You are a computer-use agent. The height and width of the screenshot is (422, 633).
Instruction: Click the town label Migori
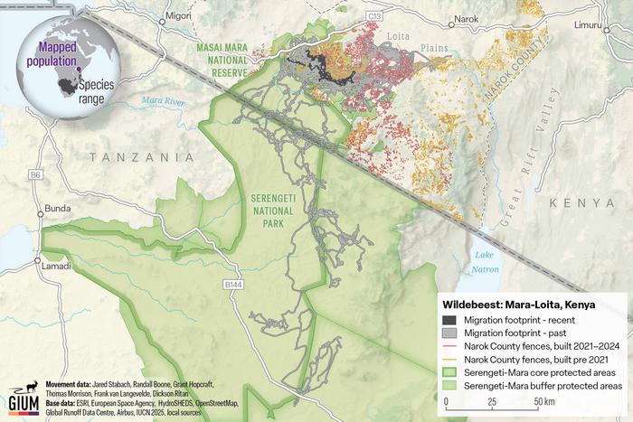pos(180,15)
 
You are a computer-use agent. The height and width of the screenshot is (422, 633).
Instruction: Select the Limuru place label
pos(591,24)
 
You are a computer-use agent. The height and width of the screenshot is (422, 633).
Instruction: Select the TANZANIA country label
pos(142,157)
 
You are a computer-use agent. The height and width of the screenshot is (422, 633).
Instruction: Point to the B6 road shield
pos(35,173)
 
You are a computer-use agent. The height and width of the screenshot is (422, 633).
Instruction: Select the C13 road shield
pos(374,16)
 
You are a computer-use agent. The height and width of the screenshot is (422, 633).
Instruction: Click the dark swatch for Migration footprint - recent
pos(449,321)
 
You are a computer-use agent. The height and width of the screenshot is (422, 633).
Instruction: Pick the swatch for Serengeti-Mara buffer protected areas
pos(449,385)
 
